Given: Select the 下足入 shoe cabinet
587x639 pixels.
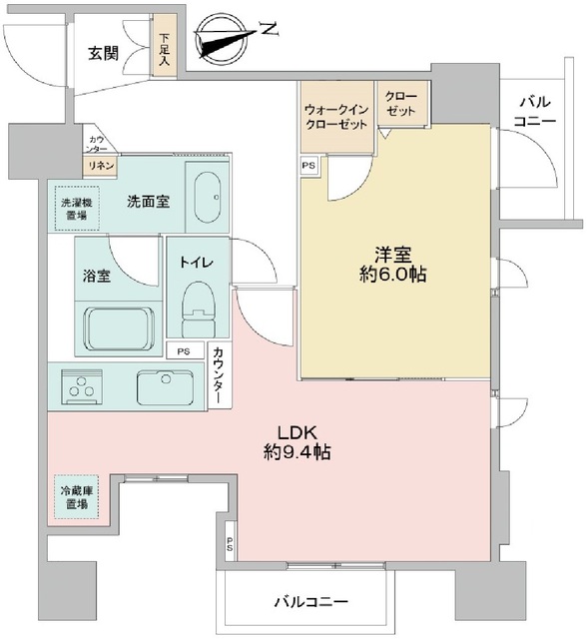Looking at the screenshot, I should (x=163, y=50).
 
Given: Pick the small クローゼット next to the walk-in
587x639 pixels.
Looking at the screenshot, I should (x=401, y=109).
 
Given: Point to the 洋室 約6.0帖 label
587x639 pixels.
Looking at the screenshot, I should (x=394, y=263).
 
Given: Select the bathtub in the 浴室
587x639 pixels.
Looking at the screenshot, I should (x=120, y=324).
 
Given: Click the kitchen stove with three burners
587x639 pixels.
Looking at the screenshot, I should (x=80, y=385).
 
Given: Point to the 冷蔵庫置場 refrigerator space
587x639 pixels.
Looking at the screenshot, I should (x=72, y=496).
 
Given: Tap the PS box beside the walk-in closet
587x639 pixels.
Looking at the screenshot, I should (x=308, y=165).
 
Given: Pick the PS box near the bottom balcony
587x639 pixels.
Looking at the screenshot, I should (x=230, y=545).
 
